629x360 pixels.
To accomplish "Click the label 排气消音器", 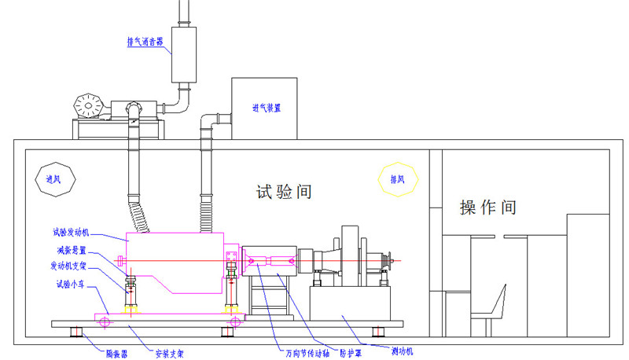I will click(x=145, y=42).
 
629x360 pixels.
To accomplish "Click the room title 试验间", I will click(x=284, y=191).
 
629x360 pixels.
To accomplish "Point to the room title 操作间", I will click(x=488, y=208).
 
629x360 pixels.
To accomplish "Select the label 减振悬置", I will click(x=72, y=251).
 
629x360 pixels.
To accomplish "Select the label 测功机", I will click(x=405, y=347).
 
